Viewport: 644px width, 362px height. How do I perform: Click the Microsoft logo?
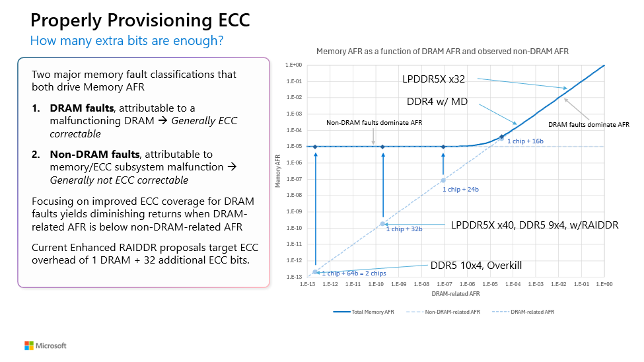[x=46, y=345]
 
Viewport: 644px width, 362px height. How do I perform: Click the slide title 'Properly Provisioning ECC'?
[x=140, y=20]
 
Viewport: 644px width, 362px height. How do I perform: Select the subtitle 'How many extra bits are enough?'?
[x=126, y=41]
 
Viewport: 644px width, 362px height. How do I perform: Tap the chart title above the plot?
[x=442, y=51]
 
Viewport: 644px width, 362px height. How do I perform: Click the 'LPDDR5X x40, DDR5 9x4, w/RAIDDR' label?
[x=534, y=225]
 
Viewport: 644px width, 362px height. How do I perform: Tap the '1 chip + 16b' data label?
[x=525, y=141]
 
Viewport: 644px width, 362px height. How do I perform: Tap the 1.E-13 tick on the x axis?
[x=308, y=284]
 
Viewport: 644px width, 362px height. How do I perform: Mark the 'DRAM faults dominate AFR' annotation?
[x=589, y=124]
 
